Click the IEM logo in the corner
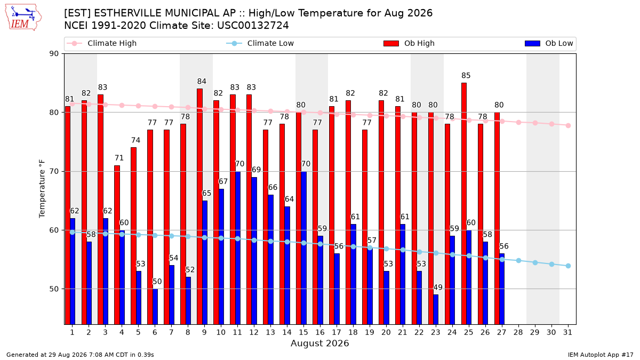23,18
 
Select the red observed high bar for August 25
464,203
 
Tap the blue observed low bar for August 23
436,309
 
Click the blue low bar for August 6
155,307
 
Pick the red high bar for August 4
117,245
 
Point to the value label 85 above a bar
466,75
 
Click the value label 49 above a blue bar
438,287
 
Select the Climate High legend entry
101,43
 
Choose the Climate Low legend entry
260,43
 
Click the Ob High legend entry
409,43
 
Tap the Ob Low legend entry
549,43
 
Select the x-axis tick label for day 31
567,332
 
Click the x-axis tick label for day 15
303,332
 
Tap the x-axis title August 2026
319,343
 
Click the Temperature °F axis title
42,189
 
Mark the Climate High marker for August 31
569,125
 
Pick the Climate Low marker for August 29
535,262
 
